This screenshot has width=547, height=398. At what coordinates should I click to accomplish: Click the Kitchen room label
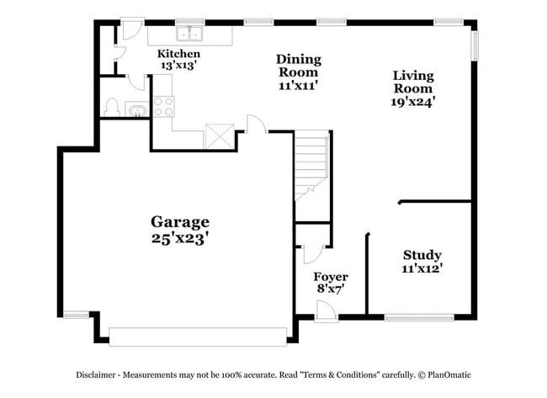(179, 54)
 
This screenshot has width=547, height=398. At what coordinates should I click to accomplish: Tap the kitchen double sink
(189, 34)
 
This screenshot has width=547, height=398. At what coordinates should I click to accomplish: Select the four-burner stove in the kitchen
(163, 106)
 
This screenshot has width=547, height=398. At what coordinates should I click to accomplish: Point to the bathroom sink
(135, 109)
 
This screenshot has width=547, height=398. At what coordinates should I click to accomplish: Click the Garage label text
(179, 222)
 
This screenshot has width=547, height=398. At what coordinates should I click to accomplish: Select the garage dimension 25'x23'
(179, 238)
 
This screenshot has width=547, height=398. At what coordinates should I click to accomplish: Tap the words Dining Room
(299, 66)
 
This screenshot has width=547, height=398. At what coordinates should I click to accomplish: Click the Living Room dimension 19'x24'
(413, 102)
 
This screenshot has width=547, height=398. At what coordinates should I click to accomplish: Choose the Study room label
(422, 255)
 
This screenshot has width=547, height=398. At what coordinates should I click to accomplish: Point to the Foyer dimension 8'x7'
(330, 289)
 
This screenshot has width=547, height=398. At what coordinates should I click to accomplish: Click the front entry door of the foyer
(328, 311)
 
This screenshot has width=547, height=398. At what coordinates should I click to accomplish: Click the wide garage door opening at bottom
(198, 336)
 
